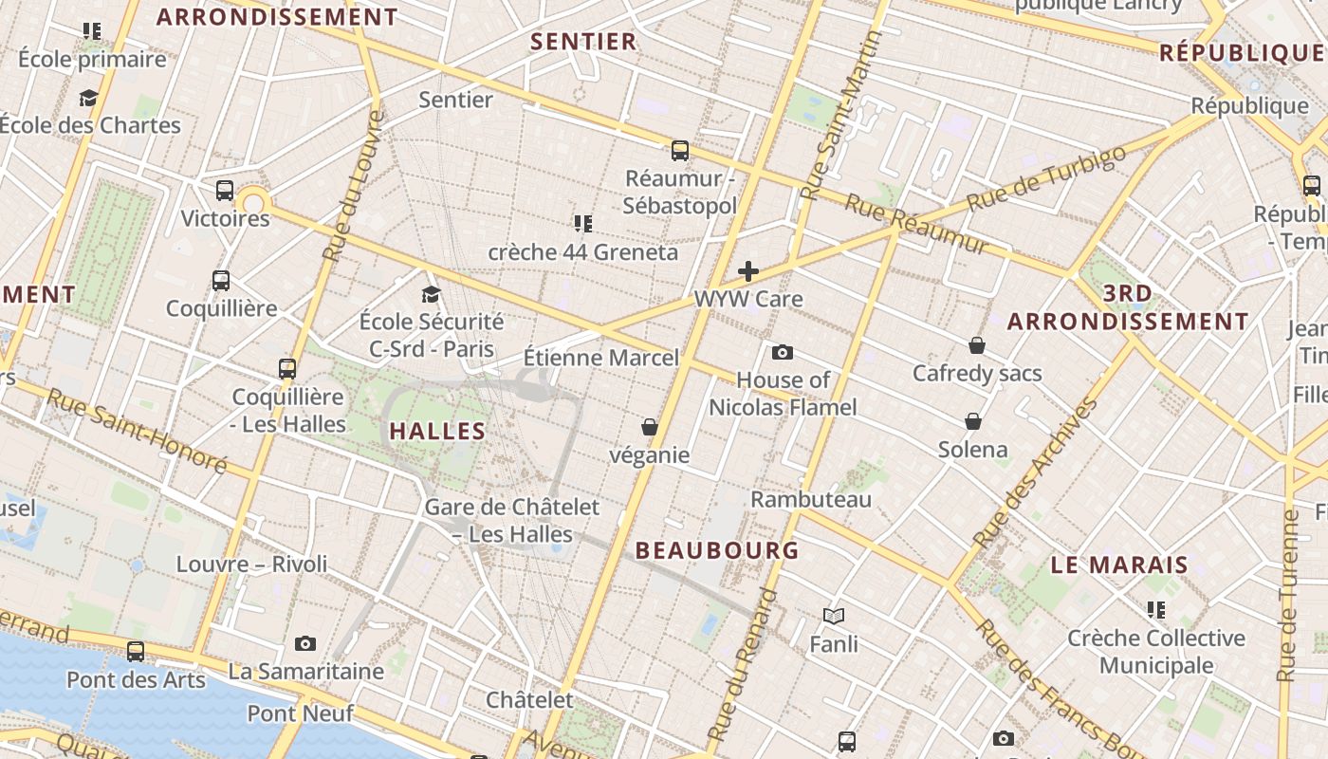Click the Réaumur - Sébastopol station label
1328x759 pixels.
pos(681,192)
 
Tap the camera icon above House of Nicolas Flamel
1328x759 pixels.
pos(782,352)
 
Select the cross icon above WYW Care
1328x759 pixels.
pos(748,271)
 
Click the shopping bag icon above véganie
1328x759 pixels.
pos(650,427)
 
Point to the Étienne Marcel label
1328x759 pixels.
pos(601,358)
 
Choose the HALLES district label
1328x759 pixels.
pos(437,431)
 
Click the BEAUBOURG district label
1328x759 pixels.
pos(717,550)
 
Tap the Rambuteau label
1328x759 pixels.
pos(811,499)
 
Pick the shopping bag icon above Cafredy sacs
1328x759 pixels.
pos(977,345)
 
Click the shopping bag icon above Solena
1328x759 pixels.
pos(972,421)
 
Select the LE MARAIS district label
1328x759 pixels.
pos(1119,565)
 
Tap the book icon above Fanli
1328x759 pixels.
pos(834,617)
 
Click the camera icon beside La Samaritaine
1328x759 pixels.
pos(304,643)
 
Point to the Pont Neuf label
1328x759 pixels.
pos(301,713)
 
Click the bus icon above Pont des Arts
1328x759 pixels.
pos(136,652)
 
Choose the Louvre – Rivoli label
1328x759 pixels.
pos(251,565)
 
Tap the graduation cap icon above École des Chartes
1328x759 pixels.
pos(88,98)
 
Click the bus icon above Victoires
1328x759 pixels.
pos(225,191)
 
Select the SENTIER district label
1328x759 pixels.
pos(583,42)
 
